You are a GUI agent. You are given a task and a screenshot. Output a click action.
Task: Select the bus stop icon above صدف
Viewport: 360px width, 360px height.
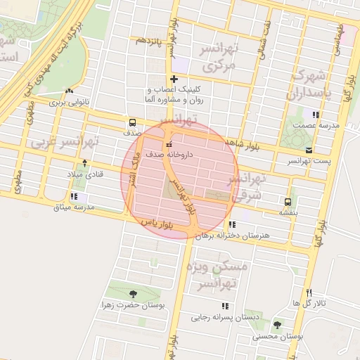[132, 120]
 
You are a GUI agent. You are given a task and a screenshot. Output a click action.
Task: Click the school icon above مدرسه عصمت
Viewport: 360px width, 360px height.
[316, 114]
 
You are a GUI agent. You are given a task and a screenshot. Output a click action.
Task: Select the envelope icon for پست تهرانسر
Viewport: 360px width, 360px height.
[310, 150]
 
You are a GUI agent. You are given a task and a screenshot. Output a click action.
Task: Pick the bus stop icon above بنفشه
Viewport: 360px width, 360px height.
[287, 200]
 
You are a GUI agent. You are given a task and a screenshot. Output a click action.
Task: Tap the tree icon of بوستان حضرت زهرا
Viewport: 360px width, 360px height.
[133, 294]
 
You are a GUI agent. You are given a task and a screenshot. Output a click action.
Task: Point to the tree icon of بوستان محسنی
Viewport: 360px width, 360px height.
[276, 326]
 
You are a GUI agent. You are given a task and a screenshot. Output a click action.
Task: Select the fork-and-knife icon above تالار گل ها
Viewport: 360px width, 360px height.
[309, 292]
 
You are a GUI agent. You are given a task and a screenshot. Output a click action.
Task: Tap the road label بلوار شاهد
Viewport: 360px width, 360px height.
[243, 144]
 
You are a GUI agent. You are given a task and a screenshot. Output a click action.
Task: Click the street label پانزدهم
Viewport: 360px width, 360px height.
[150, 39]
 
